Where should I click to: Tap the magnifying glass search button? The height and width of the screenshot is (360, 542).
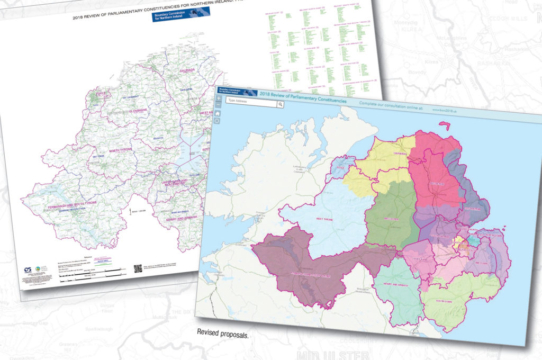coord(280,105)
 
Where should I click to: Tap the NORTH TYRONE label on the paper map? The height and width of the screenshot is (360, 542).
coord(120,151)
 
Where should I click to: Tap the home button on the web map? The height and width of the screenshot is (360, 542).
coord(216,121)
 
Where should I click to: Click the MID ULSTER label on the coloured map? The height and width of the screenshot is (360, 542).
coord(392,218)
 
